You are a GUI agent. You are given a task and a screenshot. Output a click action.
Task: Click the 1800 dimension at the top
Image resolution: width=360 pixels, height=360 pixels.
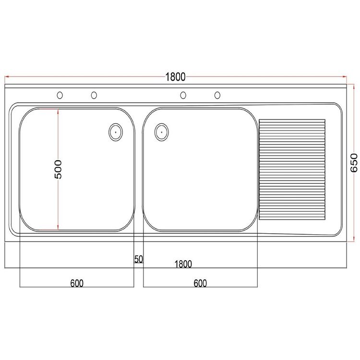(x=175, y=77)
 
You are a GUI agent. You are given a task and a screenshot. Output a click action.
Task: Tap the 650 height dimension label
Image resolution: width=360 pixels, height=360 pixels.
(x=354, y=163)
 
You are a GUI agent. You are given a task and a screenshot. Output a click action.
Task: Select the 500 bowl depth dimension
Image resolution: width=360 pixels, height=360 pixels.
(x=58, y=169)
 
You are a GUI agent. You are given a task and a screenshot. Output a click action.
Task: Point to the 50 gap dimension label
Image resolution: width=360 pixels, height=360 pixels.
(x=138, y=259)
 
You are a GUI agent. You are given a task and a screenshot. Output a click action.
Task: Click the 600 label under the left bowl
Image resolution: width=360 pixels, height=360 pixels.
(x=77, y=283)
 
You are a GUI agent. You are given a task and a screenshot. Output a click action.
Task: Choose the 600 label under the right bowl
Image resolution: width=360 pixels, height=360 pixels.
(x=200, y=283)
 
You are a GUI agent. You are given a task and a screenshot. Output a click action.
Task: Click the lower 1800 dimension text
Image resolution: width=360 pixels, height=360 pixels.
(x=183, y=264)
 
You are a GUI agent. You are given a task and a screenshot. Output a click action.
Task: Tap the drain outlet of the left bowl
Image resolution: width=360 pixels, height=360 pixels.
(x=116, y=132)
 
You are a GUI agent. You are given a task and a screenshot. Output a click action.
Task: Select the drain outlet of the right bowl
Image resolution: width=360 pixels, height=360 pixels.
(x=162, y=132)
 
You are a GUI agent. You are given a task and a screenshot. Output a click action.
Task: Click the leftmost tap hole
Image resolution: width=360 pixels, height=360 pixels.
(x=60, y=95)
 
